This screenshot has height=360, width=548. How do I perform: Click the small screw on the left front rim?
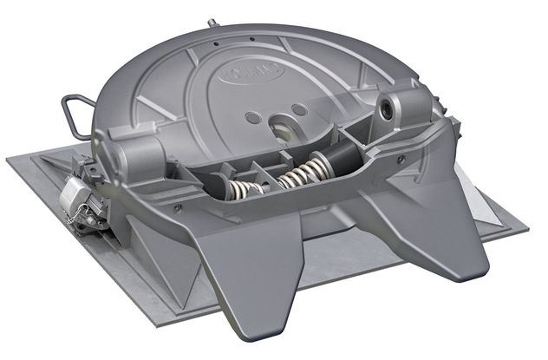point(177,208)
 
